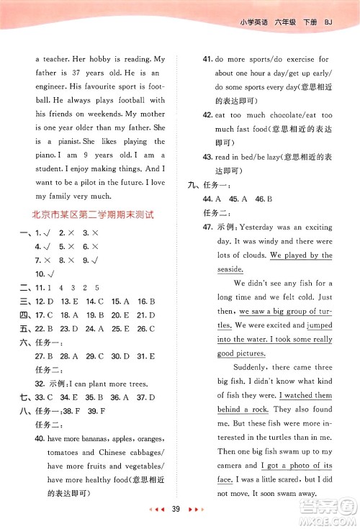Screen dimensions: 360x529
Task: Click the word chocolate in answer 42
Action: coord(274,115)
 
